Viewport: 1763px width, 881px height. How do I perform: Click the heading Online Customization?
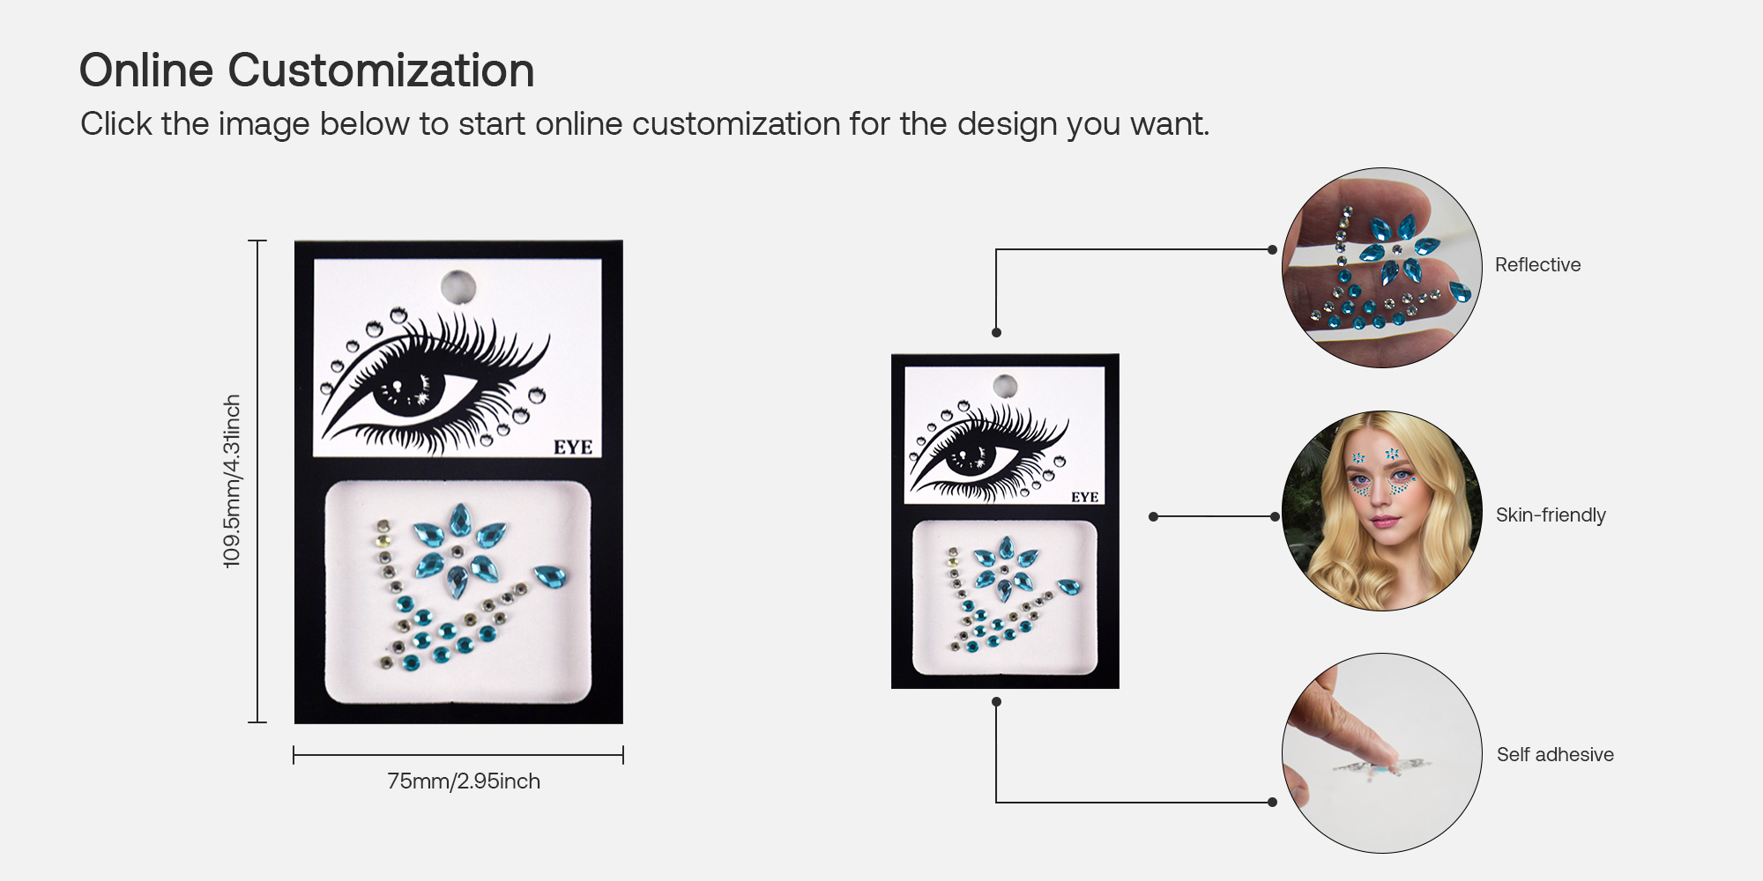point(307,70)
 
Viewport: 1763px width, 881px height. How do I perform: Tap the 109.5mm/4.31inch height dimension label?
point(232,481)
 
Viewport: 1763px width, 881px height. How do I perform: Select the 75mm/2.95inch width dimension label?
point(464,781)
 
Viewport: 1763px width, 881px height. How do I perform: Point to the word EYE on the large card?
point(573,448)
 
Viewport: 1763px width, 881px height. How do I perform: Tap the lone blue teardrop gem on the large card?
point(550,577)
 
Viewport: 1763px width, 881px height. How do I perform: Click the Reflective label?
point(1537,265)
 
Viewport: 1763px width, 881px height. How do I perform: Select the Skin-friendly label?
point(1551,515)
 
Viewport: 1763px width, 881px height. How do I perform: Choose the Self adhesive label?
point(1555,755)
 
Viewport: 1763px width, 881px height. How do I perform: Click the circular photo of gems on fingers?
point(1381,268)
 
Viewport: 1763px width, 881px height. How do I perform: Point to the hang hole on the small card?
point(1005,386)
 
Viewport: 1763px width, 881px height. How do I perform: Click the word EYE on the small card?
point(1084,498)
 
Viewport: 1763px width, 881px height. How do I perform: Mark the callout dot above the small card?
point(996,333)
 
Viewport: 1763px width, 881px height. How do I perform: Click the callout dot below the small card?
point(996,702)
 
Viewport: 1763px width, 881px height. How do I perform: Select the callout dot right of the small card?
point(1153,517)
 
